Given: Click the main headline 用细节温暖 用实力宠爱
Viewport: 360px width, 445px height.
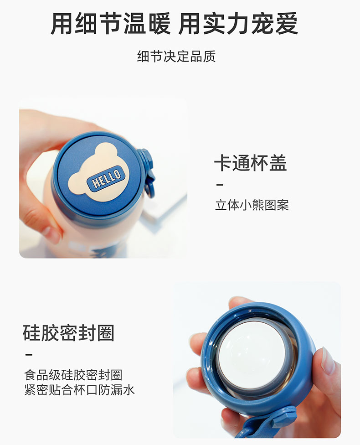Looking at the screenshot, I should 174,24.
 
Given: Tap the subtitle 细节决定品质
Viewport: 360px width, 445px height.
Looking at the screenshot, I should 176,57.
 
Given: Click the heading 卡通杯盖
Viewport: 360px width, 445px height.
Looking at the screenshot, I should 250,163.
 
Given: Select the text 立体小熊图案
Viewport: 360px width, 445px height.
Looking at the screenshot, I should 252,205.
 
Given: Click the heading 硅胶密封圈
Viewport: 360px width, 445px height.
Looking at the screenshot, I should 68,333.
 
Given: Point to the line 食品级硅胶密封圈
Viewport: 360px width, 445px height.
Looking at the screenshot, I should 73,375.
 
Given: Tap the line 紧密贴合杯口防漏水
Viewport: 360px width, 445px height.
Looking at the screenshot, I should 79,390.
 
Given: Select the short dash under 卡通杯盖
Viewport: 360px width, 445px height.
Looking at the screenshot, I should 219,185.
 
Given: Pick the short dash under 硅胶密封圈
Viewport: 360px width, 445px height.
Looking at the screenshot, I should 28,354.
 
